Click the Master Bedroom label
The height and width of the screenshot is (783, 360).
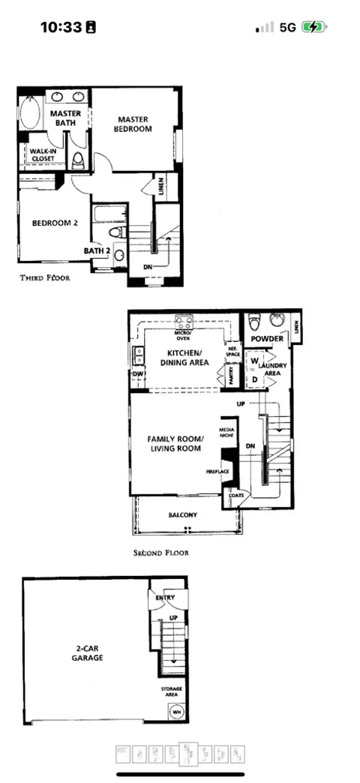click(133, 124)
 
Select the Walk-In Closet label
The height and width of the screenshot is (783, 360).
click(43, 154)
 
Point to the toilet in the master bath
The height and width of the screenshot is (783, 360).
click(78, 160)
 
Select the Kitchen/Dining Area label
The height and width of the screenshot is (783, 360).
click(184, 357)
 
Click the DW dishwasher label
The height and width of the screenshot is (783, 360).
click(138, 374)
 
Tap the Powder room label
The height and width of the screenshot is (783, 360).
click(267, 339)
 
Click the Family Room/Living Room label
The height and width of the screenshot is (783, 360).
click(173, 443)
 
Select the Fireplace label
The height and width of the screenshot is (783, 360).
click(217, 472)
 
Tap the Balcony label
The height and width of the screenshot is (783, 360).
click(182, 514)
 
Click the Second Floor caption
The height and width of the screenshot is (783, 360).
click(160, 553)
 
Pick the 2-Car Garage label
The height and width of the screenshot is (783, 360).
click(88, 652)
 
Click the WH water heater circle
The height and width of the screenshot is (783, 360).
click(177, 711)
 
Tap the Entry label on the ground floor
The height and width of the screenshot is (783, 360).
click(165, 597)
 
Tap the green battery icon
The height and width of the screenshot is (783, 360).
click(311, 27)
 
